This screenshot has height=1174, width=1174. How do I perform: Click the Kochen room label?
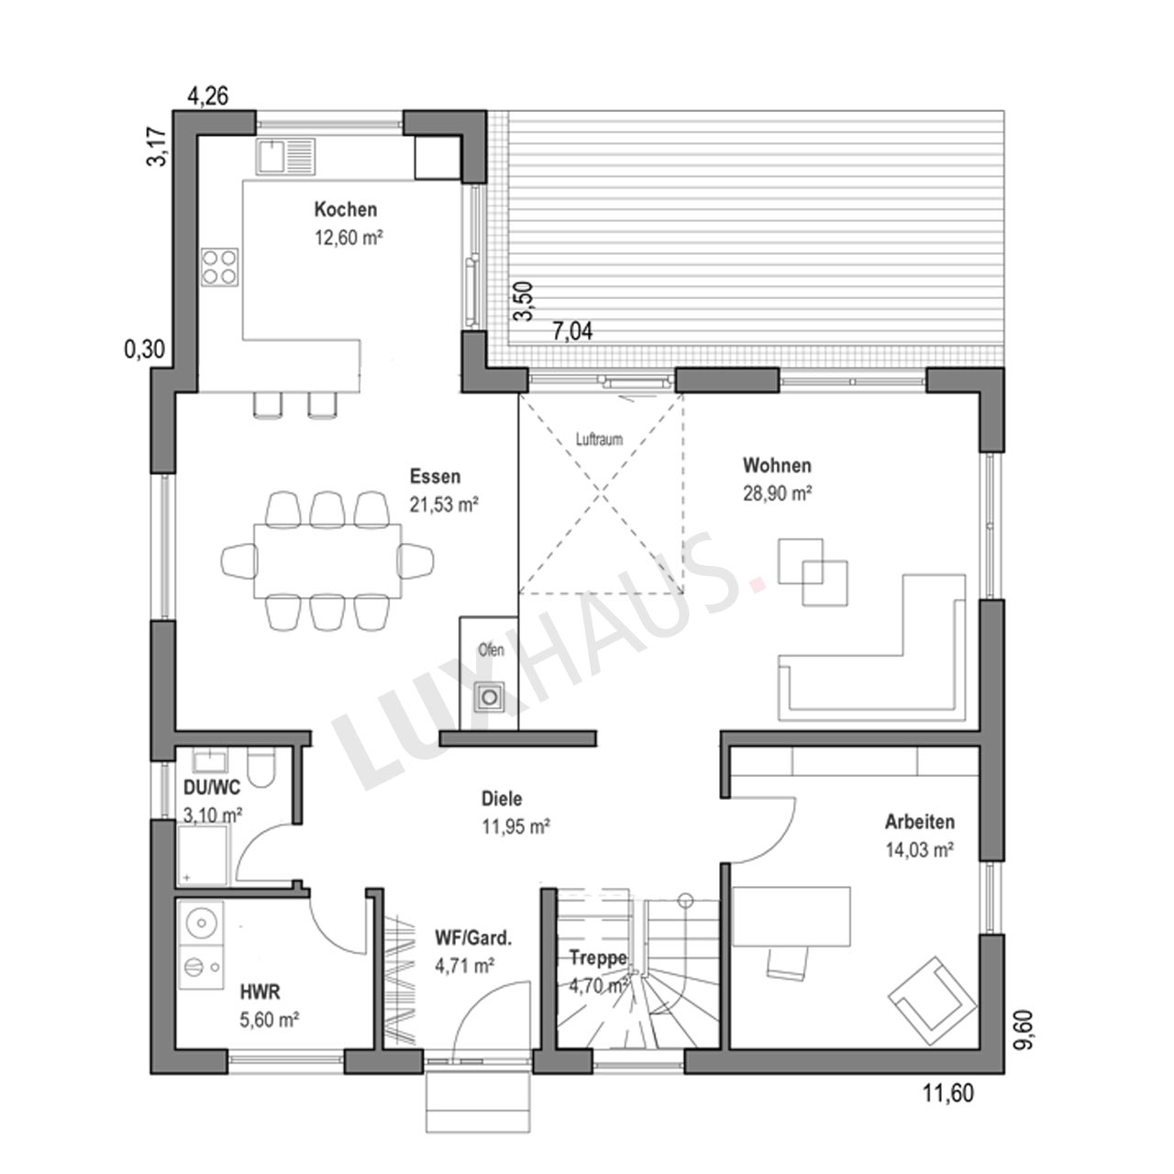pos(346,210)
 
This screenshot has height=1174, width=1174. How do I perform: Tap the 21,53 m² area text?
pos(444,504)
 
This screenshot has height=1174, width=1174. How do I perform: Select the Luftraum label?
pos(600,439)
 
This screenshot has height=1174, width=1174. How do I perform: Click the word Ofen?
pos(491,650)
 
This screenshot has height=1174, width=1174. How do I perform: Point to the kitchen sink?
pos(286,156)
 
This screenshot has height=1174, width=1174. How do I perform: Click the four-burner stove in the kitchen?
pos(220,268)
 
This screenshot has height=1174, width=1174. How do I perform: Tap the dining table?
pos(327,560)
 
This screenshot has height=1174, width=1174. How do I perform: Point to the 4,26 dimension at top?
pos(208,96)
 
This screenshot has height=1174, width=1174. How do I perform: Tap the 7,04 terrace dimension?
pos(572,331)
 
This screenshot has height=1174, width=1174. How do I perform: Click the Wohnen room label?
pos(777,465)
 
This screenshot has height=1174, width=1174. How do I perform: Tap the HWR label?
pos(260,992)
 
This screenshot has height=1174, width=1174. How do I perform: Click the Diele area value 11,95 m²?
pos(516,826)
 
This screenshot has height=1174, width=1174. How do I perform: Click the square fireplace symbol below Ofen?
pos(490,695)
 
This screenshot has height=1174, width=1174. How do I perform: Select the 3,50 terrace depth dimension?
pos(524,300)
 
